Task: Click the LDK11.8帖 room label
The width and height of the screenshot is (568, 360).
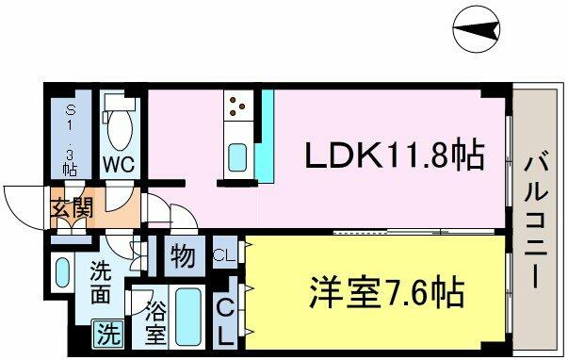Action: [x=395, y=154]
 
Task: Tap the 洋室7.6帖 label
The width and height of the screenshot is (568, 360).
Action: [x=387, y=292]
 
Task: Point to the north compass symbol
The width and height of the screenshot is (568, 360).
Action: [x=477, y=29]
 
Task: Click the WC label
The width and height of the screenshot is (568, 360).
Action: [x=119, y=165]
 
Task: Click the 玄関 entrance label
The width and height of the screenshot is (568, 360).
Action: [x=72, y=208]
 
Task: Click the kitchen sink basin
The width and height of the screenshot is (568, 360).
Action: [x=237, y=157]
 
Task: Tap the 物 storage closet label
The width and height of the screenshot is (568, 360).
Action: [x=184, y=255]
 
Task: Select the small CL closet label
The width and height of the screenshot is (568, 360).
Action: [x=224, y=256]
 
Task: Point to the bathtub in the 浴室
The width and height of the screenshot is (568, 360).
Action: [x=188, y=317]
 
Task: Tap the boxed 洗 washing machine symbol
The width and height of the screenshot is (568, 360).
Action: [x=108, y=334]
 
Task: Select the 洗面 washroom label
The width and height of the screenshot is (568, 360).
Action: [x=101, y=282]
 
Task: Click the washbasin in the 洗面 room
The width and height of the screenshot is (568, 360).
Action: [x=62, y=272]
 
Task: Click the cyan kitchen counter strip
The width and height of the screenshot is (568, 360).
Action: [x=266, y=137]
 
